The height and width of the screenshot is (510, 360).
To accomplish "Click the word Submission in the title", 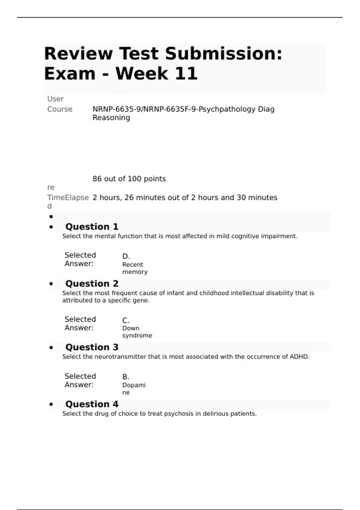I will pyautogui.click(x=223, y=54).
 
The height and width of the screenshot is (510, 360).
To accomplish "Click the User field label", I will pyautogui.click(x=55, y=99).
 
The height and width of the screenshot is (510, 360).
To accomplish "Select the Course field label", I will pyautogui.click(x=60, y=109).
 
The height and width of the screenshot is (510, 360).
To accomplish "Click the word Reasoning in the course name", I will pyautogui.click(x=111, y=118).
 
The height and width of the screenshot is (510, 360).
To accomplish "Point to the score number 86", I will pyautogui.click(x=97, y=179).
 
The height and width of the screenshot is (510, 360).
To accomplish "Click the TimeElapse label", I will pyautogui.click(x=68, y=198).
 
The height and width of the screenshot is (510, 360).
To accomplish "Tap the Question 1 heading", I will pyautogui.click(x=92, y=226).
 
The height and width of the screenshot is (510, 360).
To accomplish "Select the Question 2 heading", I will pyautogui.click(x=92, y=283).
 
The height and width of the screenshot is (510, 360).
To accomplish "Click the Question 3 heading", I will pyautogui.click(x=92, y=347).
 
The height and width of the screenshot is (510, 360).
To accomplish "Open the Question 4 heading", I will pyautogui.click(x=92, y=404).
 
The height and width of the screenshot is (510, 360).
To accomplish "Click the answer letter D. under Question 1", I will pyautogui.click(x=126, y=256).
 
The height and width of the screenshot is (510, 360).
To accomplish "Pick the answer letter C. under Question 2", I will pyautogui.click(x=126, y=320).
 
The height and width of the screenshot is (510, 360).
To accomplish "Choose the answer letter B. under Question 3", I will pyautogui.click(x=126, y=377).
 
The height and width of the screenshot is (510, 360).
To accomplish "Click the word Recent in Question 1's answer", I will pyautogui.click(x=133, y=265).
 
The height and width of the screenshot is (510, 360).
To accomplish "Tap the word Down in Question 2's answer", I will pyautogui.click(x=131, y=328).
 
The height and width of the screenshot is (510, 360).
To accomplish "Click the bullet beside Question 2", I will pyautogui.click(x=51, y=284).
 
